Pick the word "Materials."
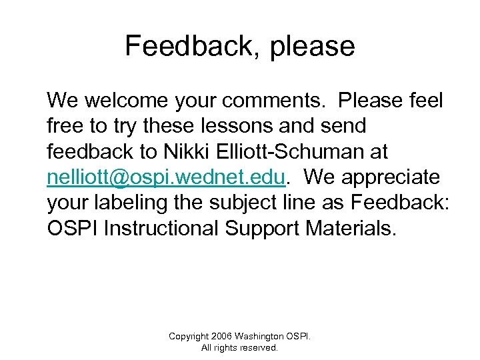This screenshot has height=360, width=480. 351,228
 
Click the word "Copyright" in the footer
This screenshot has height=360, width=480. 189,336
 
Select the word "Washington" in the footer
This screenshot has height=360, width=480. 263,336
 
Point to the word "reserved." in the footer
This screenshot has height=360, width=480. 260,347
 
